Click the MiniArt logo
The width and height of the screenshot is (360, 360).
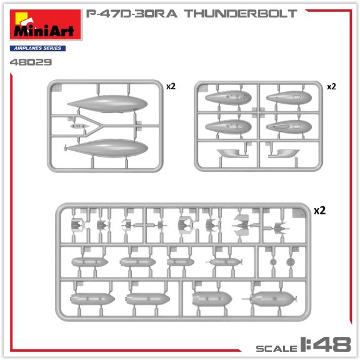pos(46,25)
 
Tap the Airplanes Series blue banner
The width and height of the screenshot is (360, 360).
pos(37,48)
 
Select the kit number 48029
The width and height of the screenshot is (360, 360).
pos(31,62)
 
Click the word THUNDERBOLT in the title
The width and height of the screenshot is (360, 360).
pos(241,14)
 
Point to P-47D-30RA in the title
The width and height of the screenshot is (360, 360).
pos(131,14)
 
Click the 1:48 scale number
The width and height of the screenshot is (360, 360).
pos(326,344)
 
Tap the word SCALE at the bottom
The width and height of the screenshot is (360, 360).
pos(277,349)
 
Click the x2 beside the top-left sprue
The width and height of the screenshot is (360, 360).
pos(171,86)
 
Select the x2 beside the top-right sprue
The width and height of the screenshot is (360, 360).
pos(331,86)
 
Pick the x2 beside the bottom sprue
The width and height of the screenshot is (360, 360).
pos(319,211)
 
